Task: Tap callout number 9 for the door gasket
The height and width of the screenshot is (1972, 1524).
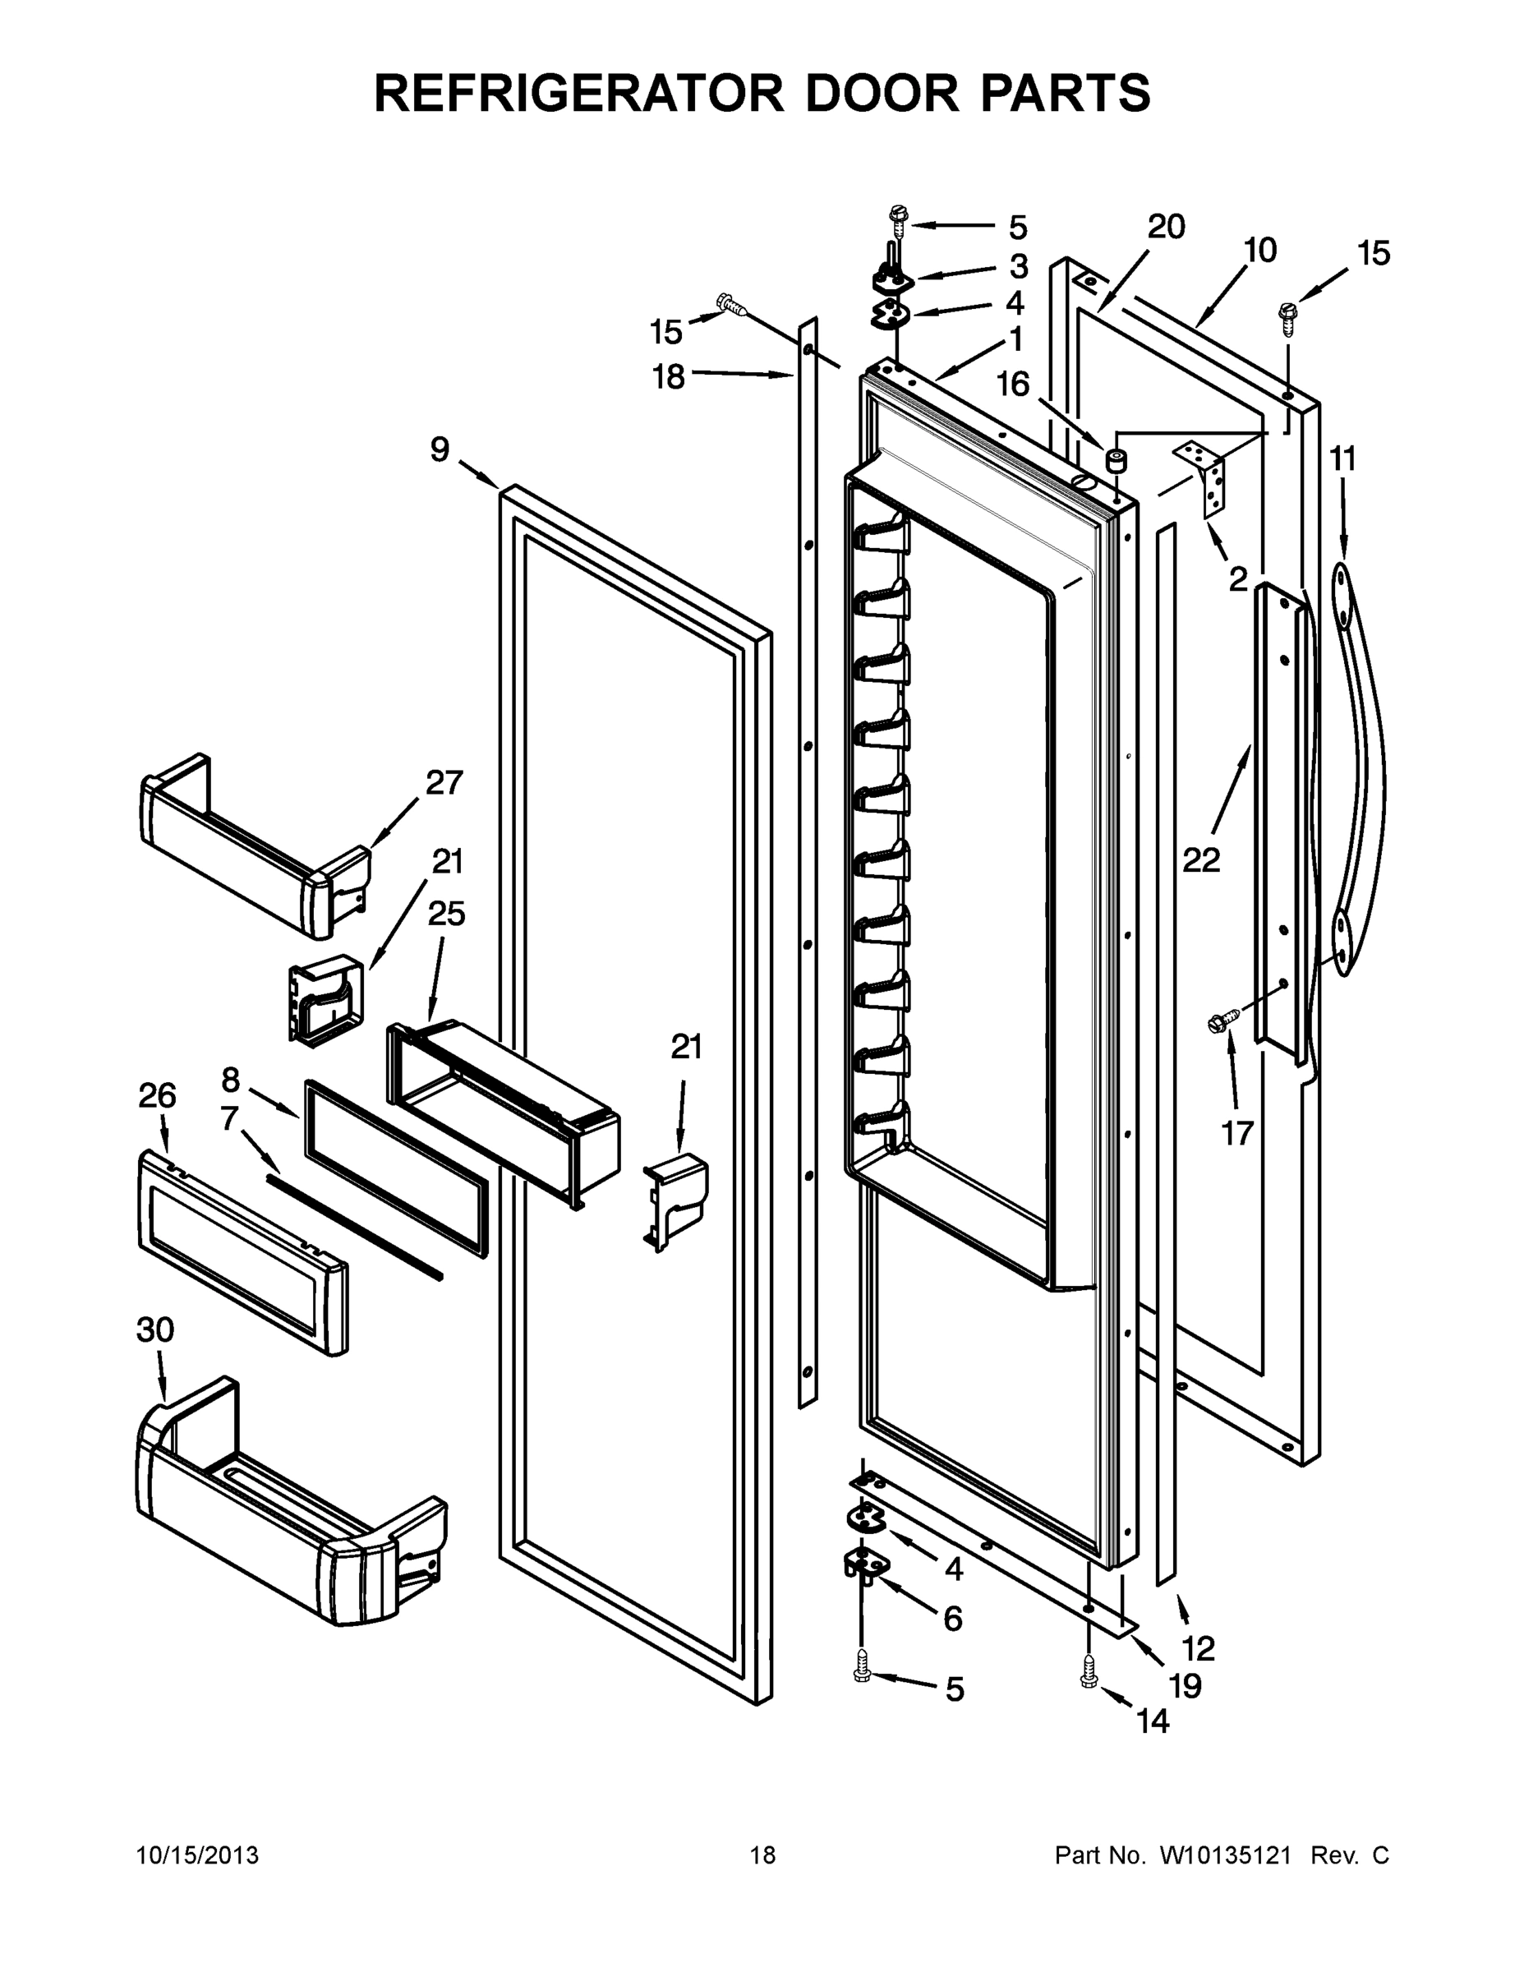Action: point(440,449)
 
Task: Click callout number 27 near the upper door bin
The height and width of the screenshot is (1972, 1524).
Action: point(444,783)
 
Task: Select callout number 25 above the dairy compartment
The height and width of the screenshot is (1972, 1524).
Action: point(446,914)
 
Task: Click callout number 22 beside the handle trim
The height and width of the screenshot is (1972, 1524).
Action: point(1201,860)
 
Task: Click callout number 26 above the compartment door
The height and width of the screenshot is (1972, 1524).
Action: point(157,1096)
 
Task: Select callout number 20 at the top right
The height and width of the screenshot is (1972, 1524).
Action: point(1166,228)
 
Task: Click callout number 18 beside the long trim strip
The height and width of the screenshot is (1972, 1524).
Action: point(669,376)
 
